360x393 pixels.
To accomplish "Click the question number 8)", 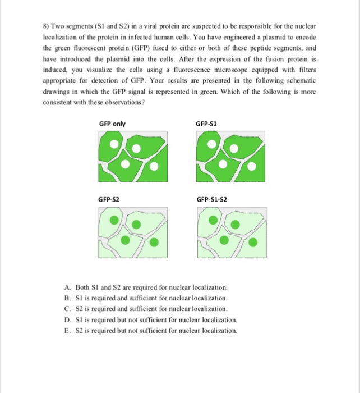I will pos(47,27).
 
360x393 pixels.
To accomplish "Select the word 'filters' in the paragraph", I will pos(306,70).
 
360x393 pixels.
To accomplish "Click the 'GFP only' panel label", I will pos(112,124).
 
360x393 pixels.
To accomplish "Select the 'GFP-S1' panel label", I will pos(206,124).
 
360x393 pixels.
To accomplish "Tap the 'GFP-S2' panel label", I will pos(108,199).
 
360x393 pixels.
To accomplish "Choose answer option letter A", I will pos(67,287).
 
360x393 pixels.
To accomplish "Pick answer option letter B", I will pos(67,298).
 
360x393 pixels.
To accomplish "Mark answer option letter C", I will pos(67,309).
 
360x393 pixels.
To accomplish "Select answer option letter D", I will pos(67,319).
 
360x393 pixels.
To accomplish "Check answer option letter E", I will pos(67,330).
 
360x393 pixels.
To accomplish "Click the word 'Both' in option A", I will pos(82,287).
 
